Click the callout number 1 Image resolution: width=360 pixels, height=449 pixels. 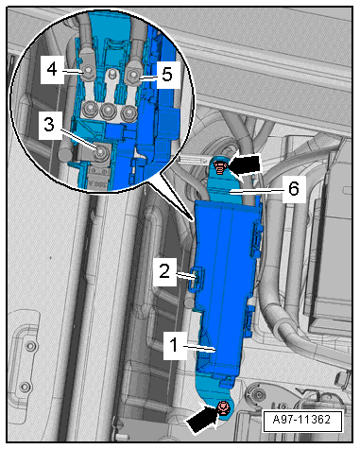(174, 345)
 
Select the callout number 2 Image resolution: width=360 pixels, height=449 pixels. (164, 271)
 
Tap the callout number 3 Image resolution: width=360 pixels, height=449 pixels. (49, 125)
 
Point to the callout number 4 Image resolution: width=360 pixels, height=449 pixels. (52, 69)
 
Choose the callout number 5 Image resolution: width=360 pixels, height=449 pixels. (167, 75)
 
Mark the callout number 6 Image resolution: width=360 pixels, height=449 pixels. (294, 189)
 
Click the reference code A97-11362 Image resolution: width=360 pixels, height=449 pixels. (301, 420)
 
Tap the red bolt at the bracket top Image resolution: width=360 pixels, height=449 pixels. (219, 166)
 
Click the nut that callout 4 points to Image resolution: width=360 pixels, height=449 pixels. (88, 72)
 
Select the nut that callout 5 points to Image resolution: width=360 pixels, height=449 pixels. (133, 76)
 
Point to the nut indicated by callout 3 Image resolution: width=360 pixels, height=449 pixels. (101, 153)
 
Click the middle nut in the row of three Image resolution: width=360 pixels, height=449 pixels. (108, 111)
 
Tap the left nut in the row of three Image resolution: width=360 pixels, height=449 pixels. (89, 109)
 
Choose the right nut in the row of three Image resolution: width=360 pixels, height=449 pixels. (128, 112)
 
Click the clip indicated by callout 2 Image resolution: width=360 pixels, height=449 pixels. (197, 277)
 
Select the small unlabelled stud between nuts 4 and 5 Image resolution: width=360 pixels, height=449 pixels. (111, 75)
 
